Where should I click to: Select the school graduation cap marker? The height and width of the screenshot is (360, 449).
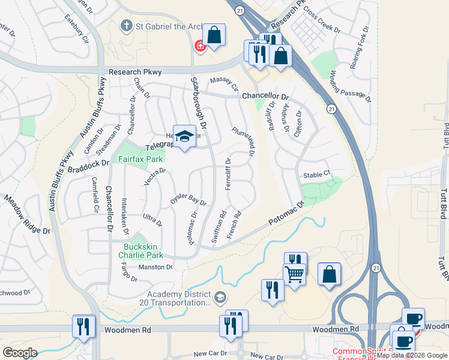pyautogui.click(x=185, y=136)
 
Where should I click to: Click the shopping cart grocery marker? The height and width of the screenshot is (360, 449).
pyautogui.click(x=294, y=274)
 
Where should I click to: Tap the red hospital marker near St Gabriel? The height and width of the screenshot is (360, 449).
pyautogui.click(x=199, y=46)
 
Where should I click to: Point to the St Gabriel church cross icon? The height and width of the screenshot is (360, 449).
pyautogui.click(x=126, y=26)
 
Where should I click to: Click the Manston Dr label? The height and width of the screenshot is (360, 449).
pyautogui.click(x=155, y=267)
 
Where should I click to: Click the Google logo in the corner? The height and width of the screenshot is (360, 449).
pyautogui.click(x=19, y=352)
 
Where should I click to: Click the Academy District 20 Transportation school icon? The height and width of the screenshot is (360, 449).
pyautogui.click(x=220, y=296)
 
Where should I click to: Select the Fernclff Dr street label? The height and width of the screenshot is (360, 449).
pyautogui.click(x=228, y=174)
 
